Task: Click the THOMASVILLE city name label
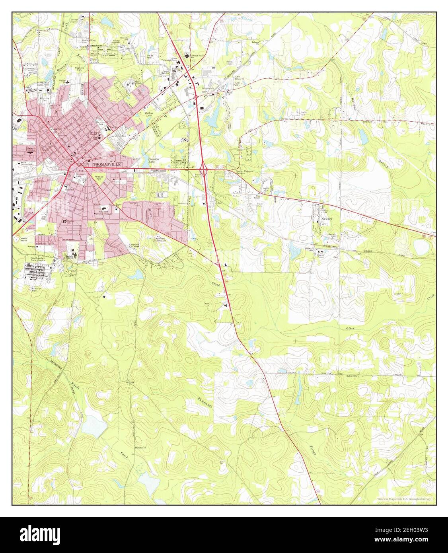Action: (x=106, y=164)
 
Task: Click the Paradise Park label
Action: (x=98, y=178)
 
